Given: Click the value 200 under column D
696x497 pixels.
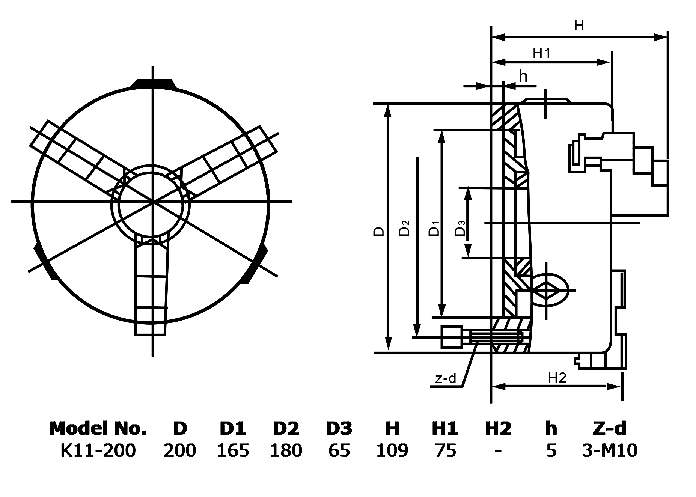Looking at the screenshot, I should click(179, 450).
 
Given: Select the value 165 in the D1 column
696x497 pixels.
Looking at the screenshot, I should click(233, 450).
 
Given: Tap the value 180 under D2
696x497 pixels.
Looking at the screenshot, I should click(286, 450).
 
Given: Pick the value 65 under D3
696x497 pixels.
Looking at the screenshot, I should click(339, 450).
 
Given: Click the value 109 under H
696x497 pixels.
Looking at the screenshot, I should click(392, 450).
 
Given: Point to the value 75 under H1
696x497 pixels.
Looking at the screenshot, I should click(445, 450).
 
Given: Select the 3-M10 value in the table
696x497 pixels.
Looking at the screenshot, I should click(610, 450).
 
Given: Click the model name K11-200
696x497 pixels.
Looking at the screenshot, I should click(98, 450).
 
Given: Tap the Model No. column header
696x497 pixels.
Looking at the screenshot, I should click(98, 428).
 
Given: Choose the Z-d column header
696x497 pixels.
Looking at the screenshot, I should click(610, 428).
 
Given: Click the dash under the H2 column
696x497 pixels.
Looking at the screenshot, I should click(498, 450).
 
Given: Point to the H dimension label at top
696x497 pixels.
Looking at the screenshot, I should click(579, 26).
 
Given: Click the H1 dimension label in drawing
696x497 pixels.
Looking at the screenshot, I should click(541, 53).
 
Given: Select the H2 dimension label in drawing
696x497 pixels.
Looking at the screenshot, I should click(557, 378).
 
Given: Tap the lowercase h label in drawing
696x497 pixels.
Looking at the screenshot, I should click(523, 77).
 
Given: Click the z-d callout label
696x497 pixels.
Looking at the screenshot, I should click(446, 378).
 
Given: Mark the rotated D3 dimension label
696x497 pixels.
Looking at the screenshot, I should click(460, 228).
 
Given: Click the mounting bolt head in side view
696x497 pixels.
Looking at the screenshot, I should click(452, 337).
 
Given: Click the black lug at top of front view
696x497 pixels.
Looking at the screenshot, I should click(153, 84).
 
